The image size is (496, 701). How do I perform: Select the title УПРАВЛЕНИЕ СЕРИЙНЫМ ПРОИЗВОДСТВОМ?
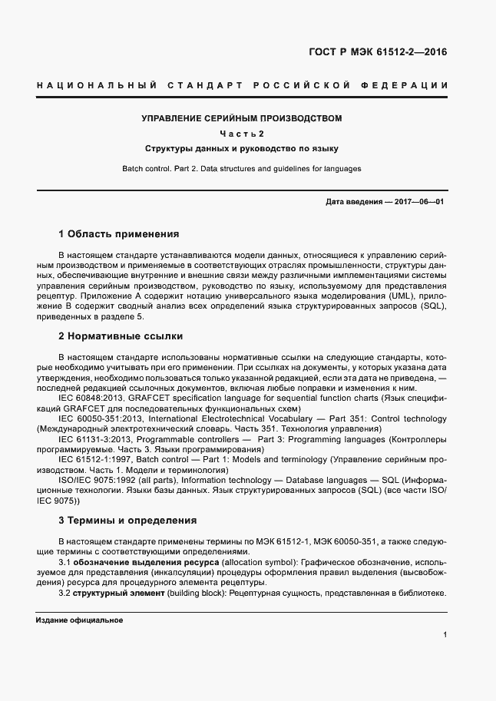point(241,118)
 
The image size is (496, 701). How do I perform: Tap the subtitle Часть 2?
point(241,134)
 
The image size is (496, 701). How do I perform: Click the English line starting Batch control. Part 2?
point(241,168)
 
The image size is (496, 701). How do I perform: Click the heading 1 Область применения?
point(118,233)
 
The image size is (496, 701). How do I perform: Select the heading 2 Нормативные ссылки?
point(120,336)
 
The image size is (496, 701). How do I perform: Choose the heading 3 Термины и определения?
point(127,520)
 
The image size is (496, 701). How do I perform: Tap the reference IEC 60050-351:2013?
point(101,419)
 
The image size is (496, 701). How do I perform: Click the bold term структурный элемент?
point(117,594)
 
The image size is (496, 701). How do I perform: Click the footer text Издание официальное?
point(79,620)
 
